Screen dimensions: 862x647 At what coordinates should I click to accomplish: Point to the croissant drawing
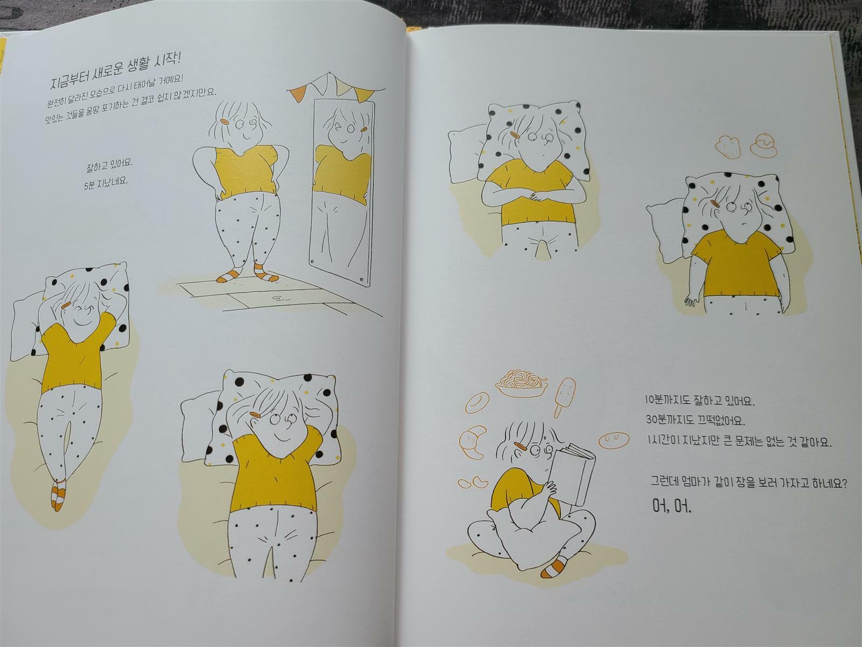coord(473,442)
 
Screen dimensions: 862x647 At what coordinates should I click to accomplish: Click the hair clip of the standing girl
coord(226,121)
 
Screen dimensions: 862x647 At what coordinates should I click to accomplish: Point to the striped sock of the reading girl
coord(554,568)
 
